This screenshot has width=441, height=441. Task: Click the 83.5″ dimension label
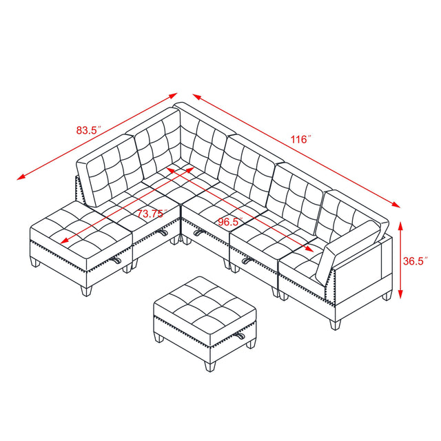coord(89,128)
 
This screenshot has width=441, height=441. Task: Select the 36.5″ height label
coord(416,261)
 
